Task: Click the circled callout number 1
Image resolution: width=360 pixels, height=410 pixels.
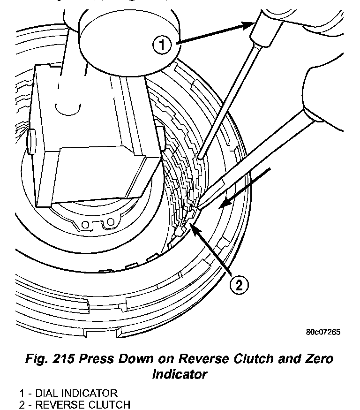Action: click(x=161, y=46)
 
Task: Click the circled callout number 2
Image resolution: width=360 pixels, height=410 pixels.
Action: click(x=239, y=285)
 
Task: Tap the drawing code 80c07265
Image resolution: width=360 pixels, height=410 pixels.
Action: click(x=323, y=332)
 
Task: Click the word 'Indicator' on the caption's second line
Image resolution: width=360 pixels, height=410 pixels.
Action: click(x=180, y=374)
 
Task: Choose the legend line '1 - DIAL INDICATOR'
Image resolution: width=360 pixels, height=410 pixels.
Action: click(x=68, y=393)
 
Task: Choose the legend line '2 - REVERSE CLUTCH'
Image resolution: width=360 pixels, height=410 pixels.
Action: click(x=75, y=404)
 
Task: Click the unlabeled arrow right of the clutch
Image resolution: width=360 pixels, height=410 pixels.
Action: click(x=244, y=188)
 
